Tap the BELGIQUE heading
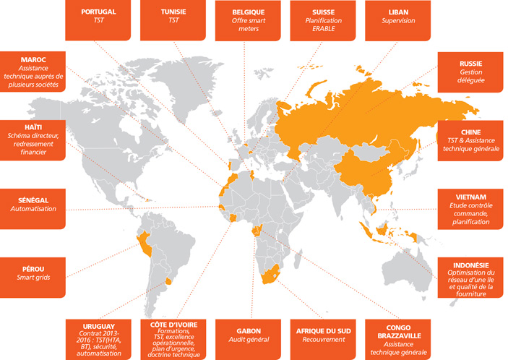coord(249,12)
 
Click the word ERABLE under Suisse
coord(323,30)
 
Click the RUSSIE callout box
coord(470,72)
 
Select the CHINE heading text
coord(471,131)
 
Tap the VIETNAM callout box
coord(470,209)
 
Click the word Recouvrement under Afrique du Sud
coord(323,339)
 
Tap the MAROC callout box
coord(33,71)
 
